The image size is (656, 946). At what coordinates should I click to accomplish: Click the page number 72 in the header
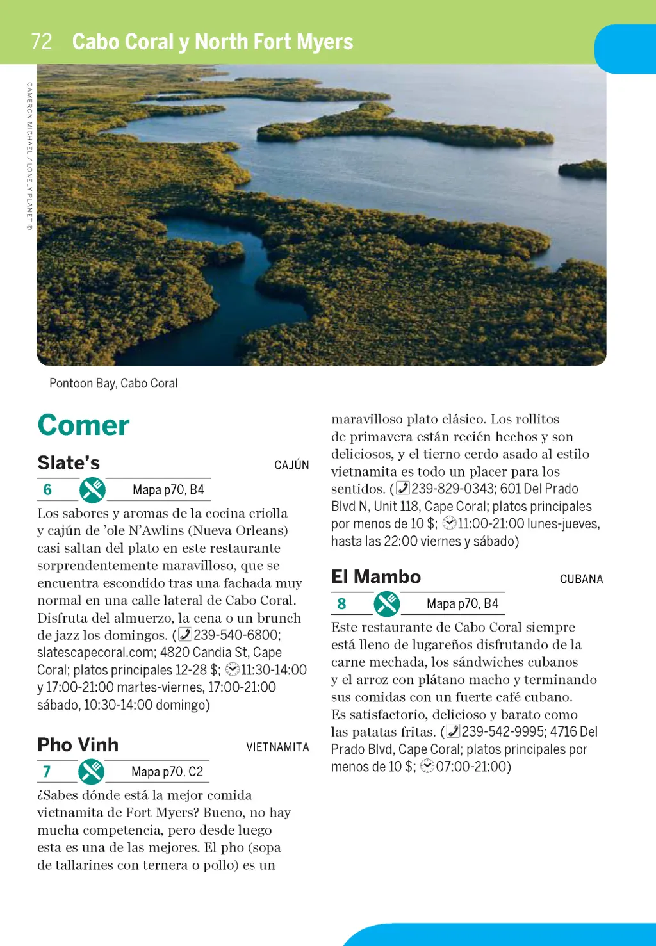click(42, 42)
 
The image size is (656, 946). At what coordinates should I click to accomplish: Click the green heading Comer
click(83, 425)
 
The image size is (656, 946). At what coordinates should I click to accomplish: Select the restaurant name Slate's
click(69, 462)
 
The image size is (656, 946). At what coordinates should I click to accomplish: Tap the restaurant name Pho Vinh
click(78, 744)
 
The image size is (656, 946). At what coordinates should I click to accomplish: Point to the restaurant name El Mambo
click(376, 576)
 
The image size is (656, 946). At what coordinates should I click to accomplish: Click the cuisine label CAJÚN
click(291, 465)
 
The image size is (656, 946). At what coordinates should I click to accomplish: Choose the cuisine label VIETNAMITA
click(277, 747)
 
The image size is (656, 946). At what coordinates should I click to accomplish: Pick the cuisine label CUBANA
click(581, 579)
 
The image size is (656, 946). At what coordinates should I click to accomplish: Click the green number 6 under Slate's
click(47, 490)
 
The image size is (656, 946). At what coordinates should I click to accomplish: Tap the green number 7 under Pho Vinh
click(47, 772)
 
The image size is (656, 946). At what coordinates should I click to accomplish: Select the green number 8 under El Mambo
click(341, 604)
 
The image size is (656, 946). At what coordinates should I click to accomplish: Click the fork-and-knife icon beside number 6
click(92, 490)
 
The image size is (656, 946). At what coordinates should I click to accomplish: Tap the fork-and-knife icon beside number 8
click(387, 604)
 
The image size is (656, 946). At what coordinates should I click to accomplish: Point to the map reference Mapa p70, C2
click(167, 772)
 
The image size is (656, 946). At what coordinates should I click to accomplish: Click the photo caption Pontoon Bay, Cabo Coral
click(113, 383)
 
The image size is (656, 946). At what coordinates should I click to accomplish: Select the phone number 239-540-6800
click(236, 635)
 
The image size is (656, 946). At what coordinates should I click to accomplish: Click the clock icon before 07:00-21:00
click(427, 766)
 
